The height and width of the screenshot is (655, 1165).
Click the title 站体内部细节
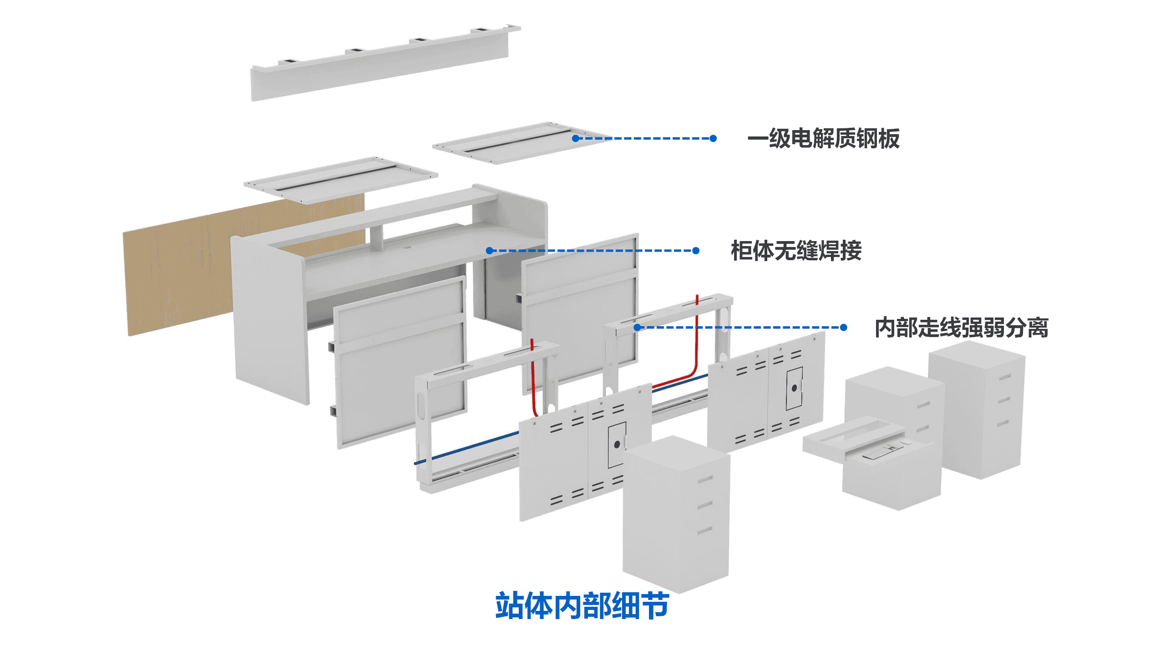coord(582,605)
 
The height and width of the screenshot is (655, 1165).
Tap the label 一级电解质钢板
coord(823,138)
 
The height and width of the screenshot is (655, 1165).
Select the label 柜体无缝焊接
coord(796,251)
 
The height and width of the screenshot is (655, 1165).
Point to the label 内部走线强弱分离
coord(961,327)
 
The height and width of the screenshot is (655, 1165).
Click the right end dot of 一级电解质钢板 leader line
coord(713,138)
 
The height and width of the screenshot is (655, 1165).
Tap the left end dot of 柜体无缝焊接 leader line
coord(490,251)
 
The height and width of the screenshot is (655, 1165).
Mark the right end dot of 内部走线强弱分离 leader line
coord(843,327)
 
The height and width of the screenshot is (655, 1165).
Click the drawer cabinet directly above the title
coord(676,514)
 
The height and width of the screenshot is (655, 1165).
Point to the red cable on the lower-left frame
coord(533,382)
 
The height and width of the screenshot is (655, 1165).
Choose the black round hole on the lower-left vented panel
coord(617,444)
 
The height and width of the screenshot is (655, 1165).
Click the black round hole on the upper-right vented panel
coord(794,388)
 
